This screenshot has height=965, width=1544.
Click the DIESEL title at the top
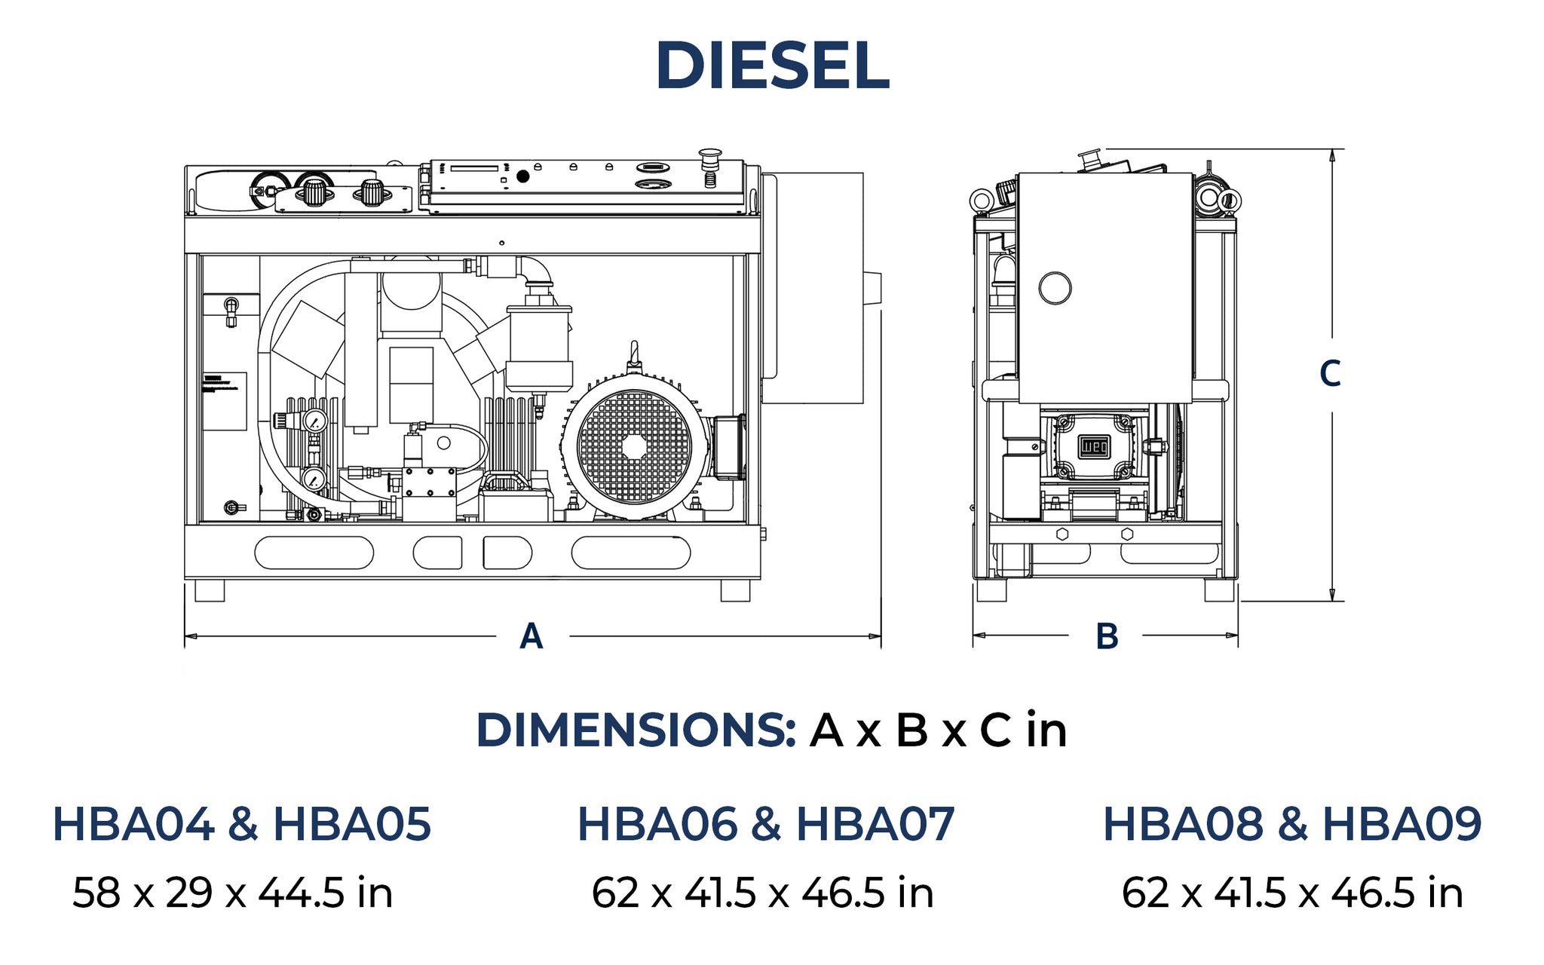773,66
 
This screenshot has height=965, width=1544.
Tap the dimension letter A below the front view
532,636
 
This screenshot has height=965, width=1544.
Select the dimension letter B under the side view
1107,636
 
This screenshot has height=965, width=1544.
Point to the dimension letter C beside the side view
1331,374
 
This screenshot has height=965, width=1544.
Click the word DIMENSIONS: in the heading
636,730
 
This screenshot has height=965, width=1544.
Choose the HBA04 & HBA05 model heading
241,823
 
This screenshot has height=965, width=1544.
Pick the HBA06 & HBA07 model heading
766,823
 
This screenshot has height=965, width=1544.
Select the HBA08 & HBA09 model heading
1292,823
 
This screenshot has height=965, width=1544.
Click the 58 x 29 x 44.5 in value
233,893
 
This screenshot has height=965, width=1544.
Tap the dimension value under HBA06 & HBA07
763,893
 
